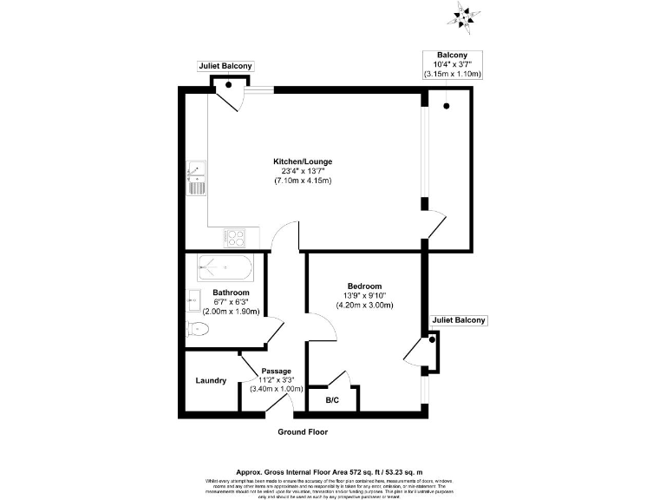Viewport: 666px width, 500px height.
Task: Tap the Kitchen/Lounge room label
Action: (x=303, y=161)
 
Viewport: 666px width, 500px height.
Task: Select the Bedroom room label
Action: (x=365, y=286)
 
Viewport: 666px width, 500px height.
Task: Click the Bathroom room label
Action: (x=231, y=293)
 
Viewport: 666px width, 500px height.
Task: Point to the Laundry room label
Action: (x=211, y=380)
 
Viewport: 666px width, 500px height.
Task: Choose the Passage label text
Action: (x=277, y=372)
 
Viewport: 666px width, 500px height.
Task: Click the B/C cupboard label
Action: (x=332, y=400)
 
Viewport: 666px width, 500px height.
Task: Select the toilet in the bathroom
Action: (x=198, y=328)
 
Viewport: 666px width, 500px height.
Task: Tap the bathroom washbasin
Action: (x=193, y=300)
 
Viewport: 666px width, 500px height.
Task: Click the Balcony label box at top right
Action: (x=452, y=65)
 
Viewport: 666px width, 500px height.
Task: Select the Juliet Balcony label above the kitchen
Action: (x=225, y=66)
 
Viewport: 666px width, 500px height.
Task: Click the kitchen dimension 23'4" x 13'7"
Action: (x=303, y=171)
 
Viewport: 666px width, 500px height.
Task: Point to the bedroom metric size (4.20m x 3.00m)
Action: (x=365, y=306)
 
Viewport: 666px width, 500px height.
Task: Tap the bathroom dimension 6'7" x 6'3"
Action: (x=231, y=302)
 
